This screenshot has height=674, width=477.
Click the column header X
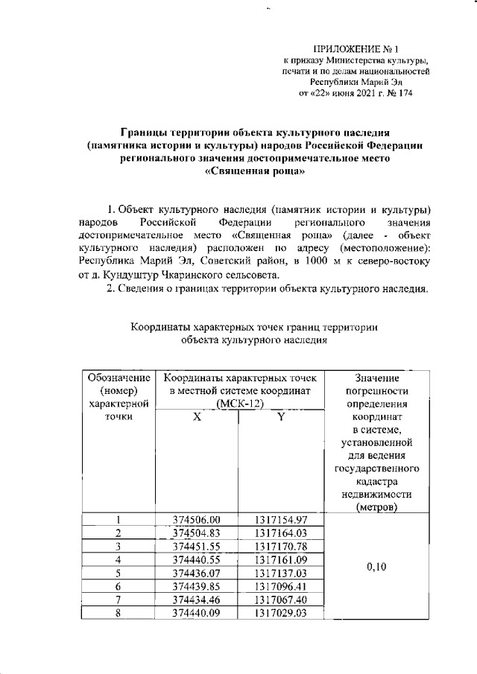pyautogui.click(x=197, y=418)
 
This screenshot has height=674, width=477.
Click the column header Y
pyautogui.click(x=279, y=418)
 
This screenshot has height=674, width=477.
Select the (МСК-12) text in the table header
pyautogui.click(x=238, y=404)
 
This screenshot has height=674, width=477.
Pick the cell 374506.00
pyautogui.click(x=197, y=520)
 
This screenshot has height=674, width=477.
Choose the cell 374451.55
pyautogui.click(x=197, y=547)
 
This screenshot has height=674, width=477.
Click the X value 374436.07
pyautogui.click(x=197, y=573)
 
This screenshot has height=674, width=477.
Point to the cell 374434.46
pyautogui.click(x=197, y=600)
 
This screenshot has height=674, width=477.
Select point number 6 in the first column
pyautogui.click(x=118, y=587)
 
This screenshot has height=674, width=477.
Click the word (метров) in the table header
pyautogui.click(x=376, y=508)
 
